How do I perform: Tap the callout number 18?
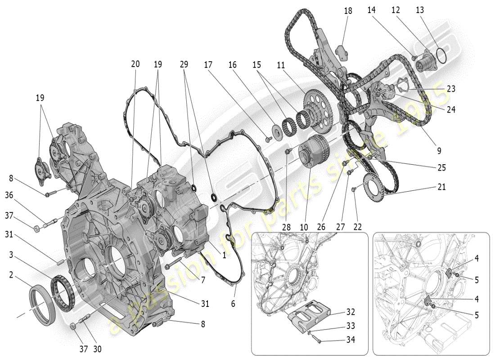(x=348, y=11)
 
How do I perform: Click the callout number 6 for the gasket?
(x=233, y=304)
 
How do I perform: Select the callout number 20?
(x=135, y=64)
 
